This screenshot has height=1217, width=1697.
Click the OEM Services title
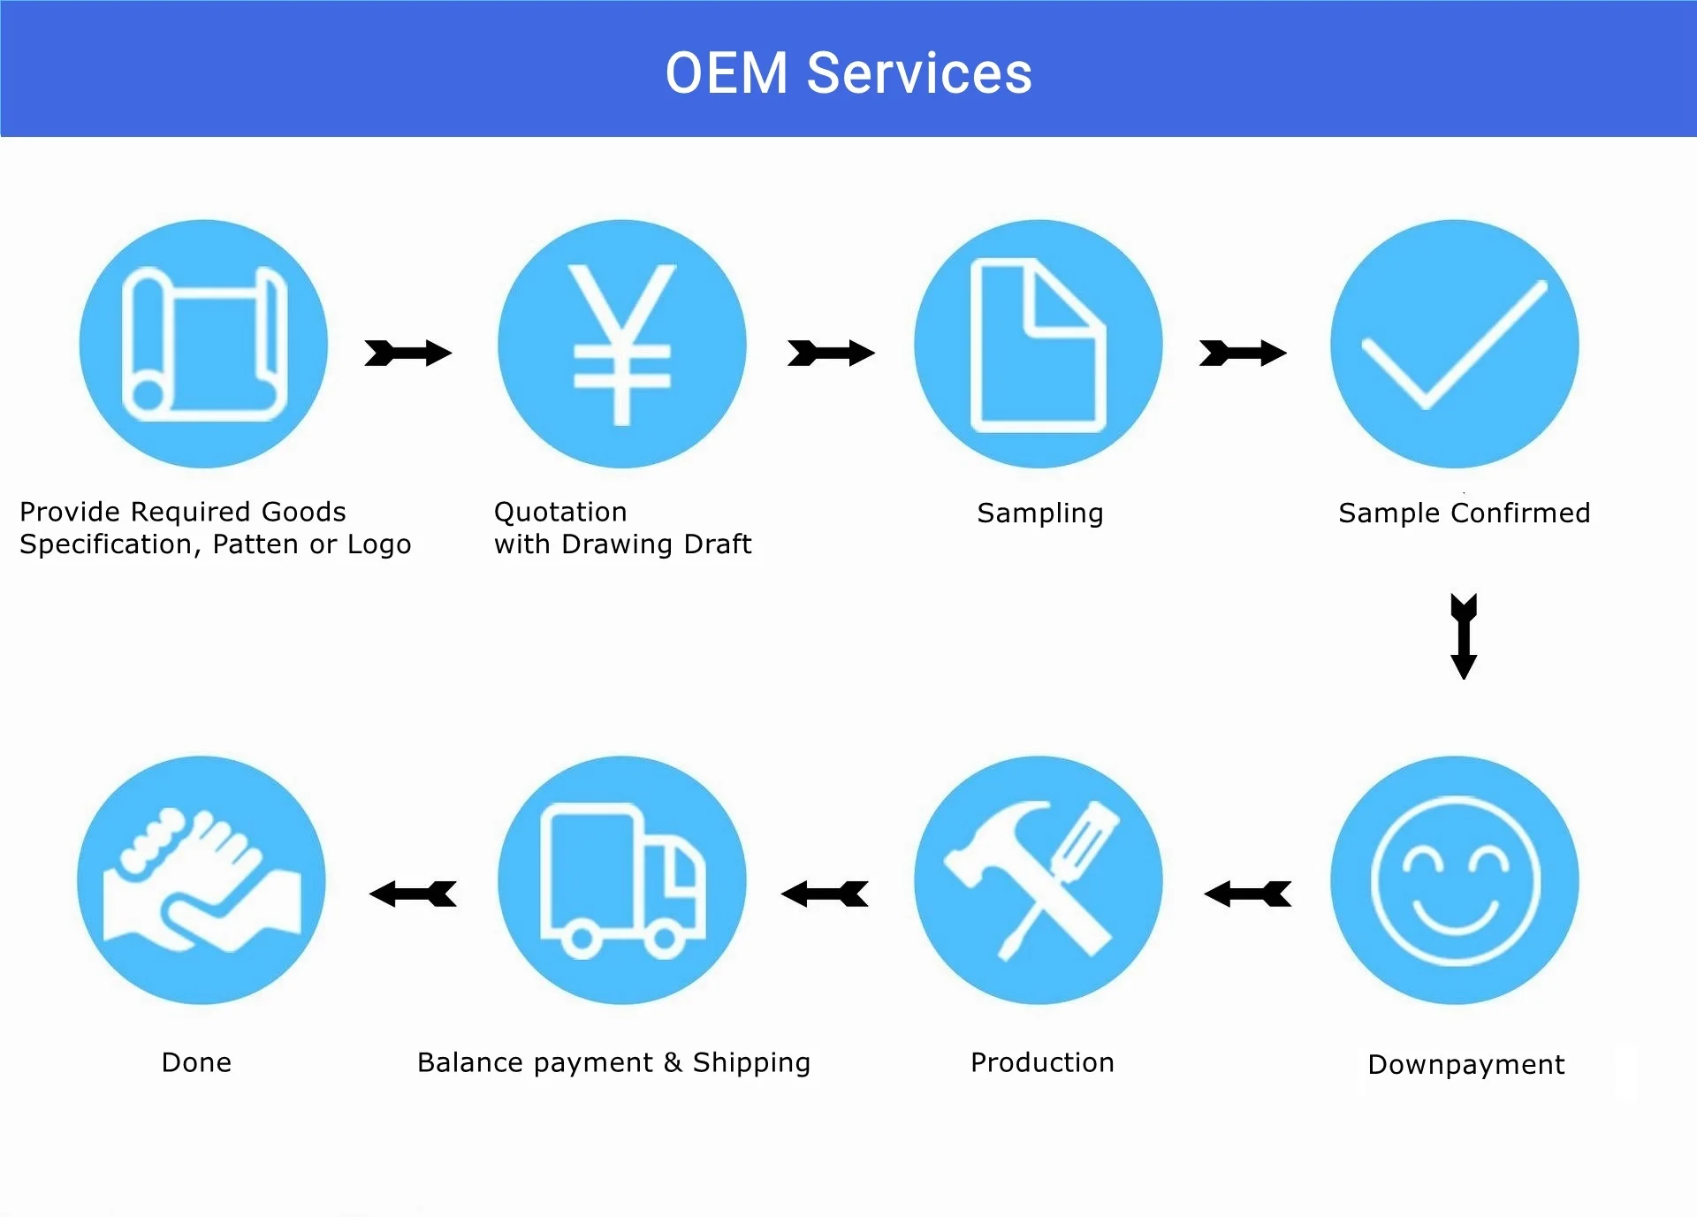pyautogui.click(x=848, y=72)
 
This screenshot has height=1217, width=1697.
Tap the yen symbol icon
pyautogui.click(x=621, y=344)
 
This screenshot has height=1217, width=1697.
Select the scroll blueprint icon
pyautogui.click(x=204, y=344)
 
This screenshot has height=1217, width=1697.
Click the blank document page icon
pyautogui.click(x=1038, y=346)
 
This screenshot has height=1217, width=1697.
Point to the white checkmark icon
pyautogui.click(x=1454, y=345)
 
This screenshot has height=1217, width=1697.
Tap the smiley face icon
pyautogui.click(x=1455, y=880)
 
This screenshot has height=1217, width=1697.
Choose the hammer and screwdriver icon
pyautogui.click(x=1038, y=880)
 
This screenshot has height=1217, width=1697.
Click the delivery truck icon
pyautogui.click(x=621, y=880)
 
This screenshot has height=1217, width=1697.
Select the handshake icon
pyautogui.click(x=202, y=880)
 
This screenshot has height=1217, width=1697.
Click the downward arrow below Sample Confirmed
pyautogui.click(x=1464, y=636)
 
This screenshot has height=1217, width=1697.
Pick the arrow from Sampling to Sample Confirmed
pyautogui.click(x=1243, y=353)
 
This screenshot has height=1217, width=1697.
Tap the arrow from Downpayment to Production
pyautogui.click(x=1247, y=894)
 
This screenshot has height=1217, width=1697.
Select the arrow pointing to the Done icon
pyautogui.click(x=413, y=894)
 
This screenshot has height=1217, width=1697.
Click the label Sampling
pyautogui.click(x=1040, y=513)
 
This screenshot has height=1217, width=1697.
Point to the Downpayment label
pyautogui.click(x=1465, y=1065)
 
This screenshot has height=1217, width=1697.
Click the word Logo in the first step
pyautogui.click(x=379, y=544)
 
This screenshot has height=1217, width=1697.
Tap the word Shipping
pyautogui.click(x=751, y=1063)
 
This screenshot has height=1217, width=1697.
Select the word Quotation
pyautogui.click(x=560, y=512)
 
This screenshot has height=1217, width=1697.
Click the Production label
pyautogui.click(x=1042, y=1062)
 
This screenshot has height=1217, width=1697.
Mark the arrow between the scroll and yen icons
pyautogui.click(x=408, y=353)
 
